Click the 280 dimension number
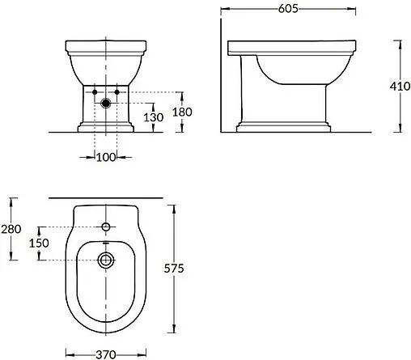[x=11, y=230]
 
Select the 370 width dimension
[x=106, y=353]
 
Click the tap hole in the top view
[x=106, y=224]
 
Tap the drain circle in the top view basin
[x=106, y=259]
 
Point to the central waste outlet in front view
[x=106, y=103]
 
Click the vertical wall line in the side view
[x=220, y=73]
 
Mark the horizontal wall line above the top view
[x=106, y=197]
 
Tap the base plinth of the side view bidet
[x=283, y=127]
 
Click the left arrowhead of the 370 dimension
[x=67, y=353]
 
